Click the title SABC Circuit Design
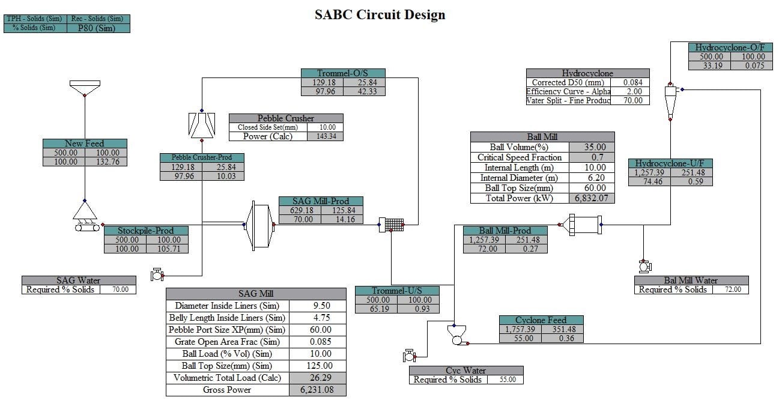click(380, 14)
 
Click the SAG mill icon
click(259, 225)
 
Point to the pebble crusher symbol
click(202, 125)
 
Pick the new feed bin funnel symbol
click(84, 88)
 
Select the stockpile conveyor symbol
click(85, 217)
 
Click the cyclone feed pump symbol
click(456, 336)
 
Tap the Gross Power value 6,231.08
click(318, 390)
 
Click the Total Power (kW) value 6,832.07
click(591, 198)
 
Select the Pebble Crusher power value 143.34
click(325, 136)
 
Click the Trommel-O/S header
click(342, 73)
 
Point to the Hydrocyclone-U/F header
click(670, 163)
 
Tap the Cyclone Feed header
click(541, 320)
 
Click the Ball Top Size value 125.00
click(318, 366)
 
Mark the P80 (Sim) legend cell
click(96, 28)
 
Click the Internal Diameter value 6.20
click(591, 178)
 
